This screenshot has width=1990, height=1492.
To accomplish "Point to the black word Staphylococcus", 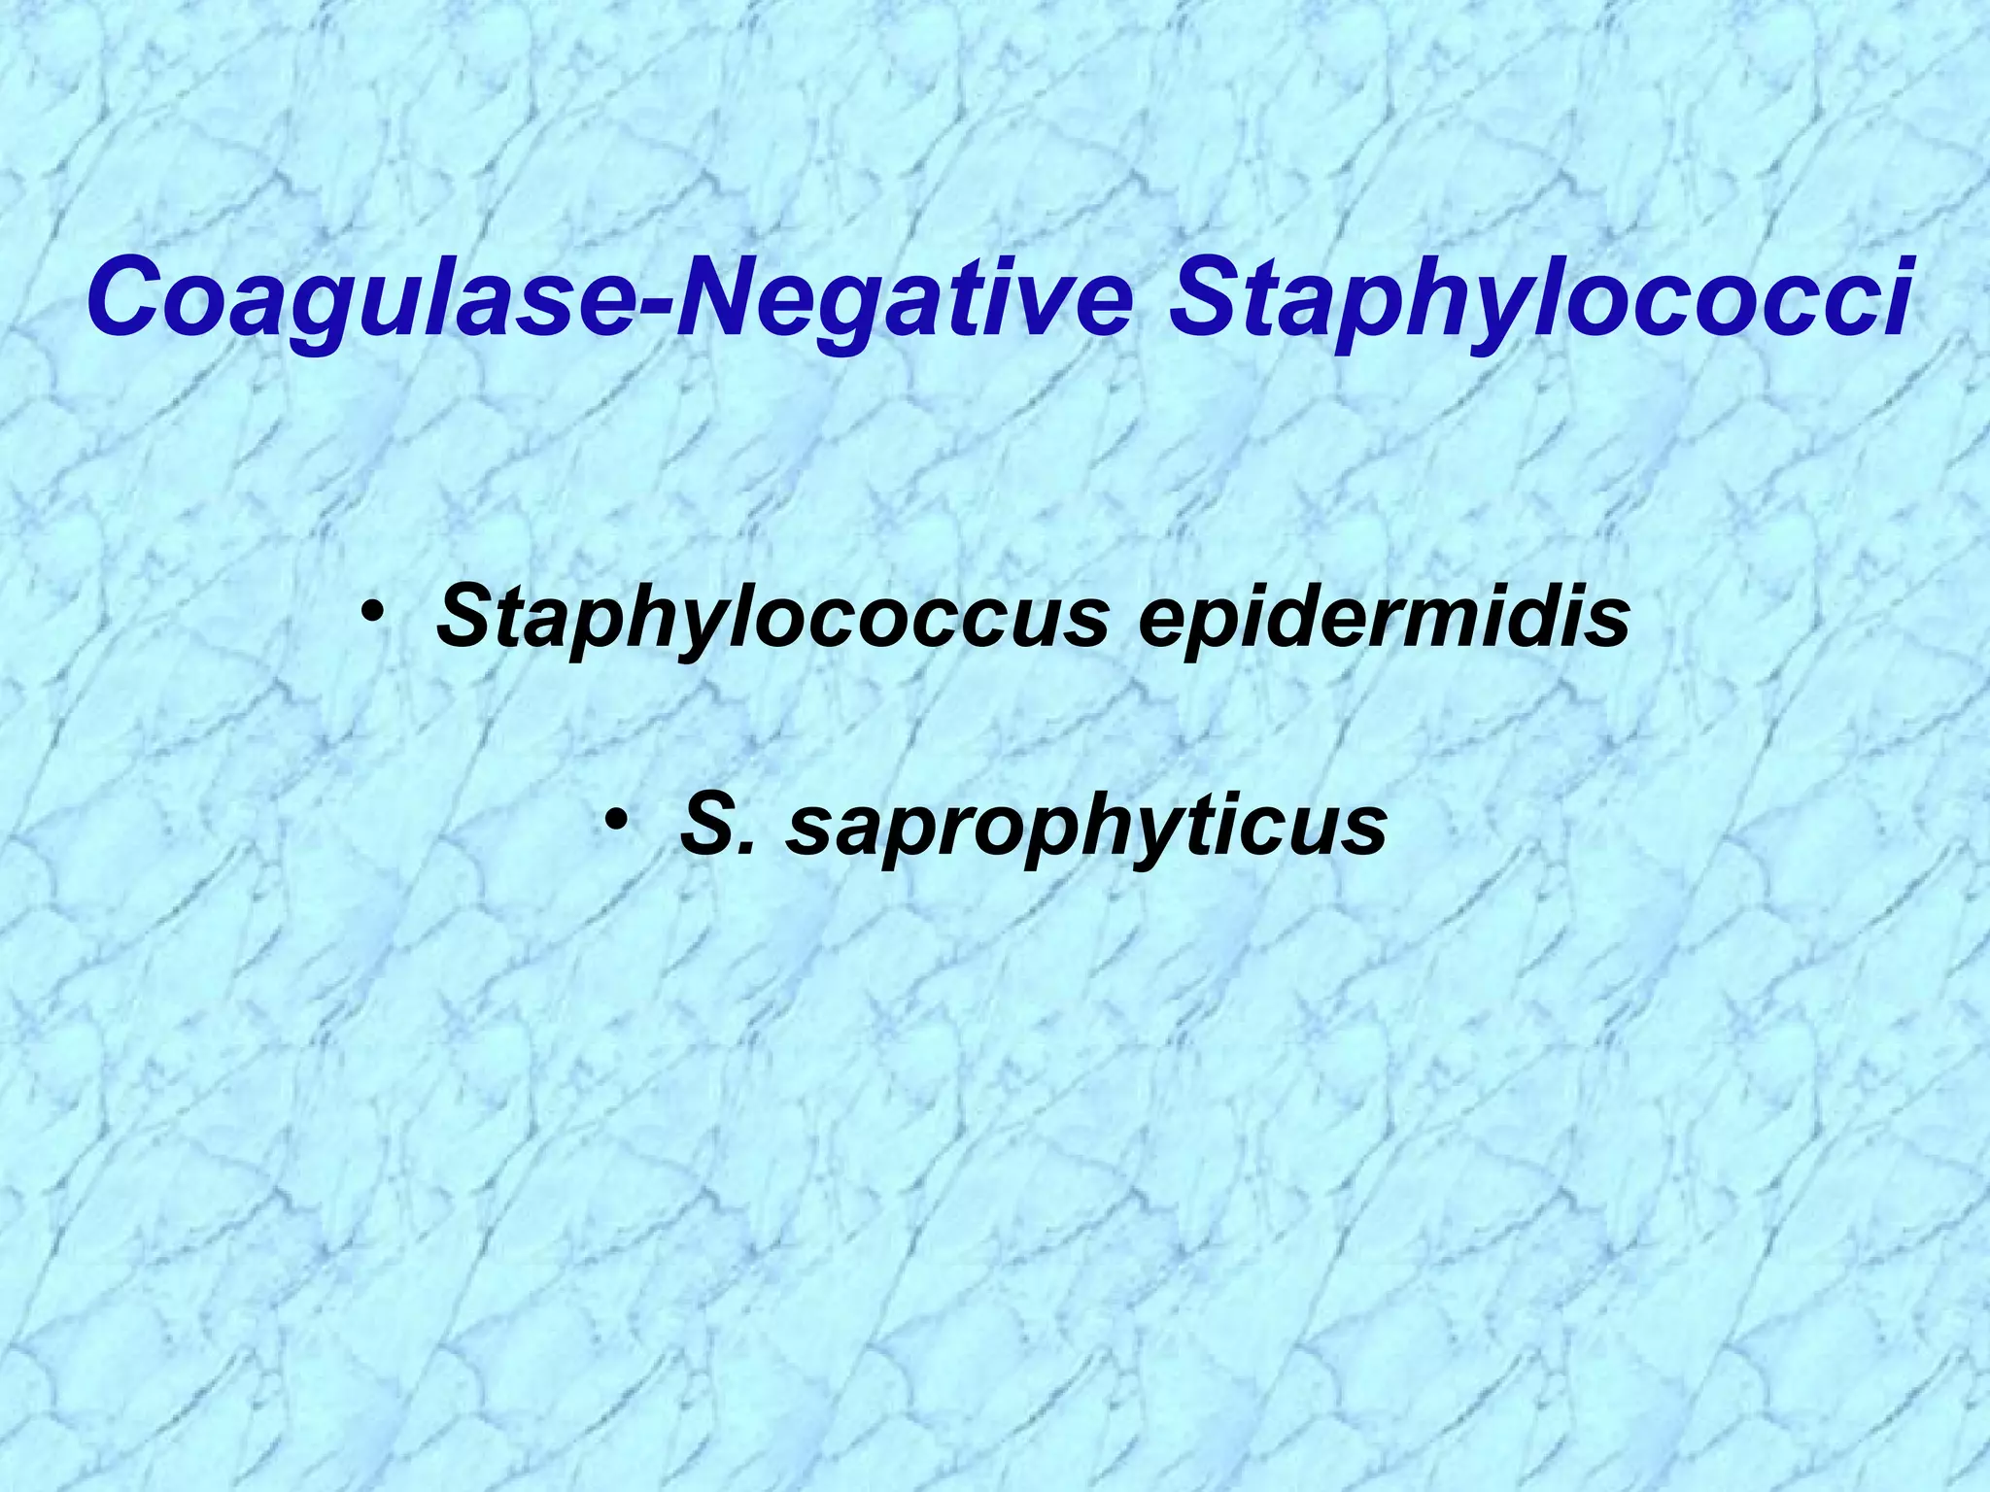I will pyautogui.click(x=772, y=619).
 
